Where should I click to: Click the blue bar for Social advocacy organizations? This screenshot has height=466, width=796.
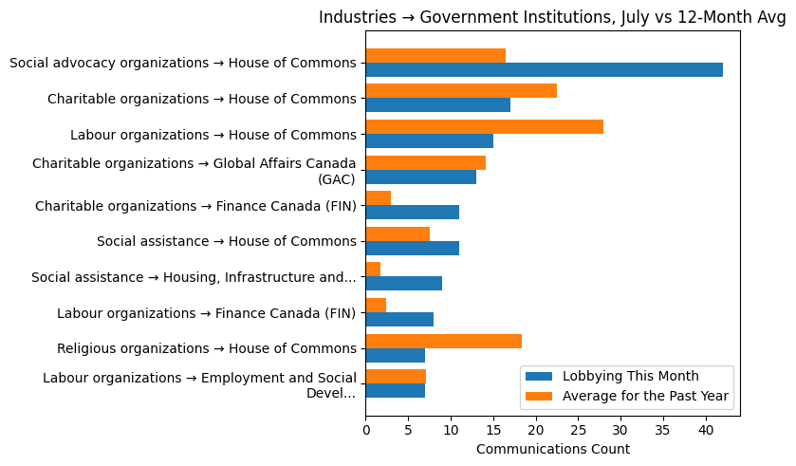(544, 70)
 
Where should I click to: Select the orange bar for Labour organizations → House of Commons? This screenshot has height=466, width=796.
(484, 127)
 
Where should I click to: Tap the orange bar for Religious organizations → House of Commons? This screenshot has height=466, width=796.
(443, 341)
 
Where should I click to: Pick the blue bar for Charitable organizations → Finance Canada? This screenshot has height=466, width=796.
(412, 213)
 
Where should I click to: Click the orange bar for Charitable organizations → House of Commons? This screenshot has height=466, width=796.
(461, 91)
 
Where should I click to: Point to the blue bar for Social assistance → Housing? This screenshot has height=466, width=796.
(403, 284)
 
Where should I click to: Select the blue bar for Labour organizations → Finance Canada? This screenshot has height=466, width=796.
(399, 320)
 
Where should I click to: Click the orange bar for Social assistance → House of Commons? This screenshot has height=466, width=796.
(398, 234)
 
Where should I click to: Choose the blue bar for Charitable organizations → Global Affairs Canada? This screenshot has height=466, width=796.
(420, 177)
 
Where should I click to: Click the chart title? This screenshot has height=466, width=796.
(552, 17)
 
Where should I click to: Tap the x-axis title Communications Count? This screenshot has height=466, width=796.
(552, 449)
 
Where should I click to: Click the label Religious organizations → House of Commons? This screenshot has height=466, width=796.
(206, 348)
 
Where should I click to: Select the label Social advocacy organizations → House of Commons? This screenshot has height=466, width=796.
(182, 64)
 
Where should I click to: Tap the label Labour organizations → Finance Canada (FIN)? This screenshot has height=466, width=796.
(206, 313)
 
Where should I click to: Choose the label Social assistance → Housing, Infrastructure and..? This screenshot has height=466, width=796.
(194, 277)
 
